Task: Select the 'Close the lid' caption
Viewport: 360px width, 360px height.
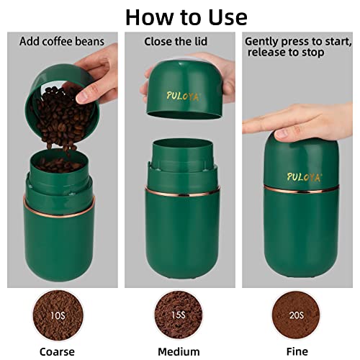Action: [176, 42]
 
